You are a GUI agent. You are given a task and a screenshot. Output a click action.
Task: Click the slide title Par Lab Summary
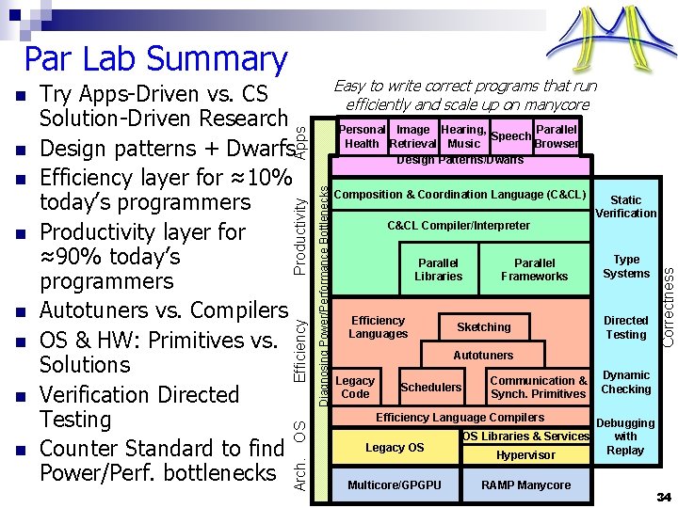pos(154,58)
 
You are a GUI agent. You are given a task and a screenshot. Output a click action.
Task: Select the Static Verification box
pos(625,207)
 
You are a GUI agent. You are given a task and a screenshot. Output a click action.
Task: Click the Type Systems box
pos(626,266)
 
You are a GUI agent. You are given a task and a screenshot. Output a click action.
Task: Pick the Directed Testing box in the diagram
pos(626,327)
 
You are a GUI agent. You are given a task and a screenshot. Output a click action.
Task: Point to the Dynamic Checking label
pos(626,382)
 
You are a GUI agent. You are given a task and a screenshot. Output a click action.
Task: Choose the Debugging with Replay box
pos(625,437)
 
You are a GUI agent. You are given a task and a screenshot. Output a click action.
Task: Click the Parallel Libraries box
pos(438,270)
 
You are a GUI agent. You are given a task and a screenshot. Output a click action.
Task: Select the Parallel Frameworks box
pos(534,270)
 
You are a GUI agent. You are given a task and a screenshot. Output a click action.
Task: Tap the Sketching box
pos(483,327)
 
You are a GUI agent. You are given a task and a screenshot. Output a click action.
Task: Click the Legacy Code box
pos(355,387)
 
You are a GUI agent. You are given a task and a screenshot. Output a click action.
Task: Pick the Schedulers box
pos(431,387)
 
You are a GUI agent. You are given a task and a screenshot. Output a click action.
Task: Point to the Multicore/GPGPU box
pos(394,485)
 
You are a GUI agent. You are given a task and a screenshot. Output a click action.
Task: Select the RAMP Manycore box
pos(525,485)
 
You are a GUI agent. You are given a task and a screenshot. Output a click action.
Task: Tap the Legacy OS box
pos(395,448)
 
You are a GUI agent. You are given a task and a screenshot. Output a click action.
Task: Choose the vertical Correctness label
pos(668,305)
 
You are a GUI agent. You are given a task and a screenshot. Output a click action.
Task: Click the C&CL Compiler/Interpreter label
pos(459,226)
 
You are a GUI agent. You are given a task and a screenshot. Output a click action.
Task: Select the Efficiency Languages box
pos(378,327)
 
